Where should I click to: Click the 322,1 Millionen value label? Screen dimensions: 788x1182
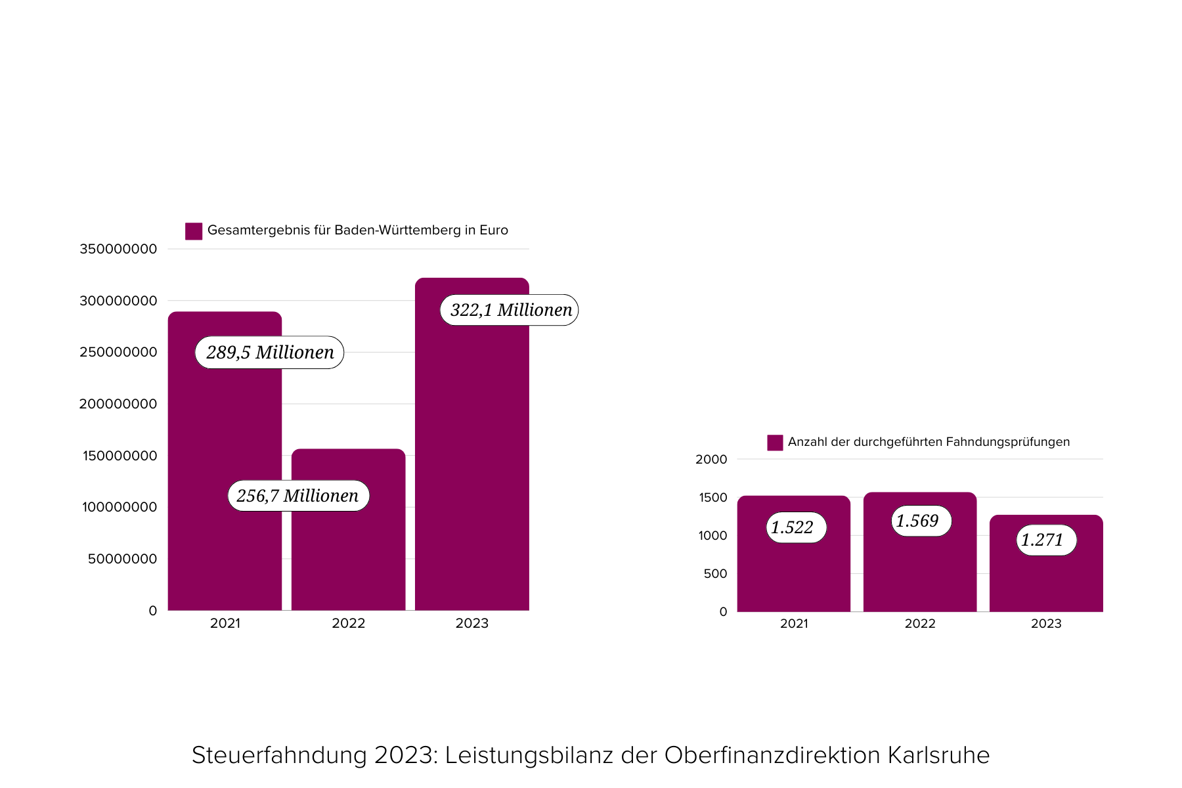point(510,310)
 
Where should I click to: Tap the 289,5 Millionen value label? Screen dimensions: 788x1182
point(269,353)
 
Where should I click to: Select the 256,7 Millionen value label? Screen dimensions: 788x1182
point(298,496)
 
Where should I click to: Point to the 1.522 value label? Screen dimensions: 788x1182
point(795,527)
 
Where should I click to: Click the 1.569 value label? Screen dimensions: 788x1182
point(921,521)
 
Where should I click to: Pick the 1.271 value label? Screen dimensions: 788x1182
point(1045,540)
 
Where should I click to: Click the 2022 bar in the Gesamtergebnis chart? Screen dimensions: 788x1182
point(348,558)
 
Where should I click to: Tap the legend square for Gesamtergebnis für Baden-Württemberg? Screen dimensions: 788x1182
point(194,231)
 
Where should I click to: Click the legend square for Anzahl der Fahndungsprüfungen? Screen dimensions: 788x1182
point(775,443)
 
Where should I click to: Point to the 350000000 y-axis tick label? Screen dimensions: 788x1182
point(118,249)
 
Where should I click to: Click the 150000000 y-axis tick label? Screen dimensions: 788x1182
point(120,456)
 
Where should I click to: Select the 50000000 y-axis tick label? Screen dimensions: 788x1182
point(122,559)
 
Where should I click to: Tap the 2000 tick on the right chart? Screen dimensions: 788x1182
point(711,460)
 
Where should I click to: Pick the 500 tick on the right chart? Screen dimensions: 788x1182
point(715,574)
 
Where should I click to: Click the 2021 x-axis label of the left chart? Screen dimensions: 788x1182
point(225,623)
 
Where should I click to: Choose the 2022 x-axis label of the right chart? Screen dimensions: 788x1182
point(920,624)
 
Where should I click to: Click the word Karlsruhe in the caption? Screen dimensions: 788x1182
point(938,755)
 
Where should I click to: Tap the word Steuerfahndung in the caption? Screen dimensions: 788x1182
point(279,755)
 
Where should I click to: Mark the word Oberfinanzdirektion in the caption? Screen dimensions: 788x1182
point(772,755)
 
